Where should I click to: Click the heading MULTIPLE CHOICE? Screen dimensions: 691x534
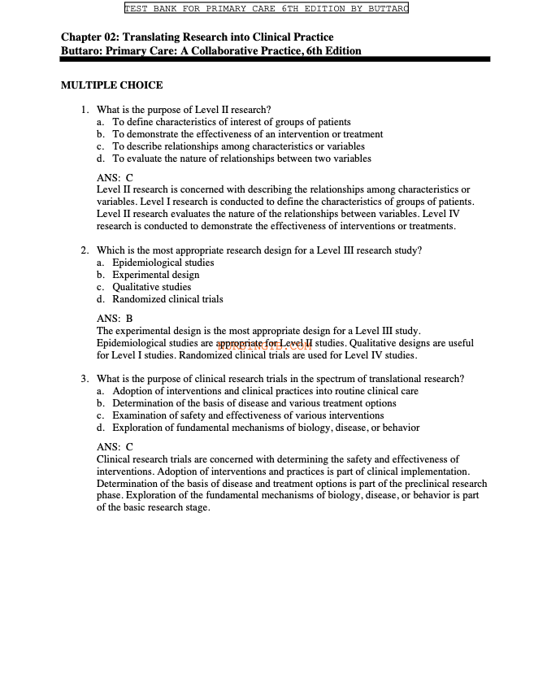(x=111, y=85)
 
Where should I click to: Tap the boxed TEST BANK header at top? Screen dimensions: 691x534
(x=266, y=9)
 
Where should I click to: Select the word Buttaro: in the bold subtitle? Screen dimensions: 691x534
(x=85, y=50)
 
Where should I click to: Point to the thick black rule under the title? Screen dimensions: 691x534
(x=276, y=59)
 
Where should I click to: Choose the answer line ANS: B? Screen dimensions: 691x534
(x=115, y=319)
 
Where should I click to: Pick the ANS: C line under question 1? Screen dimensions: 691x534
(x=115, y=177)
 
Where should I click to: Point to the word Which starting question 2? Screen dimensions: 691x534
(x=110, y=250)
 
